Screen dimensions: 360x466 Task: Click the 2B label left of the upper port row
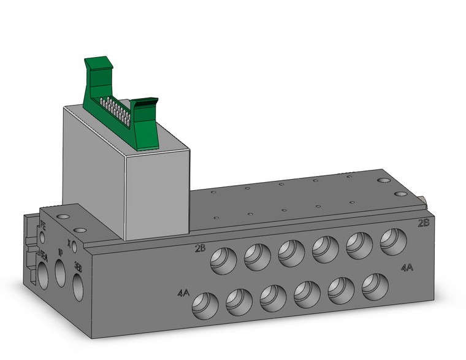pyautogui.click(x=200, y=248)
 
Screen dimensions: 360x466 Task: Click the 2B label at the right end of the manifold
pyautogui.click(x=423, y=223)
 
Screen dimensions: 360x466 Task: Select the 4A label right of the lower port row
pyautogui.click(x=407, y=268)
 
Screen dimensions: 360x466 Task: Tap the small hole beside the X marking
pyautogui.click(x=74, y=247)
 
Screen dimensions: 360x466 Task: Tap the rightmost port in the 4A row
pyautogui.click(x=373, y=285)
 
